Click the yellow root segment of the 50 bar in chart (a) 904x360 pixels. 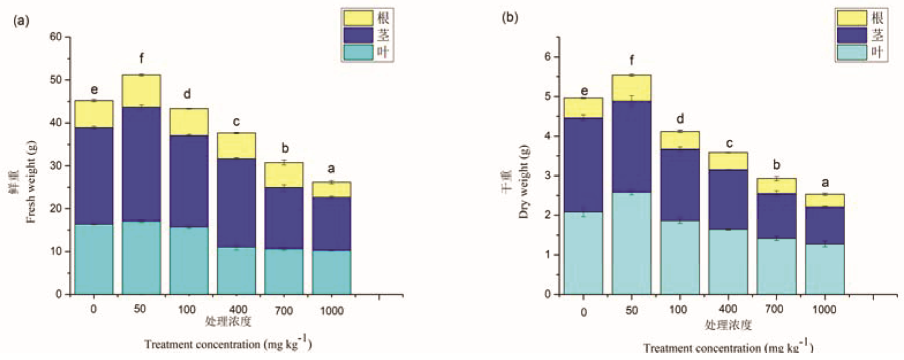tap(141, 91)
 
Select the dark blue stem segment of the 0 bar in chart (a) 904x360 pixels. tap(94, 176)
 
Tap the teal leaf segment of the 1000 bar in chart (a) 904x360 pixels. tap(331, 272)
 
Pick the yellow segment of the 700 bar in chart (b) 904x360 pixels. tap(776, 186)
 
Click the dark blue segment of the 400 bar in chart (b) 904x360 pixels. tap(728, 199)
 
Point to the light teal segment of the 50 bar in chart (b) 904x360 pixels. tap(631, 243)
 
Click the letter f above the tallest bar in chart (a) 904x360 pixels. tap(141, 58)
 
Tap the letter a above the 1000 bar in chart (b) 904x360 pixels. tap(825, 183)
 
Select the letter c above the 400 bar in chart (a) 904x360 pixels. tap(236, 122)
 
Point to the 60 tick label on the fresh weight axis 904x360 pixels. tap(55, 37)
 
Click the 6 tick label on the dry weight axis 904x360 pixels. tap(547, 56)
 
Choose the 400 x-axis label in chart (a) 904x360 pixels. tap(236, 310)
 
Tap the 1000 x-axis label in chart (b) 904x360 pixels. tap(824, 309)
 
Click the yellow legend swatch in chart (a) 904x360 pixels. tap(358, 18)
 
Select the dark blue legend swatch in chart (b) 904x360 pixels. tap(851, 35)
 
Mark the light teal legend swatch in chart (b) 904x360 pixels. tap(851, 52)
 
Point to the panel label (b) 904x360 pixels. tap(510, 17)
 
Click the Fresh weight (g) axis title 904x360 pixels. tap(31, 181)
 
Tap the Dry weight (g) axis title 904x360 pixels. tap(524, 181)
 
